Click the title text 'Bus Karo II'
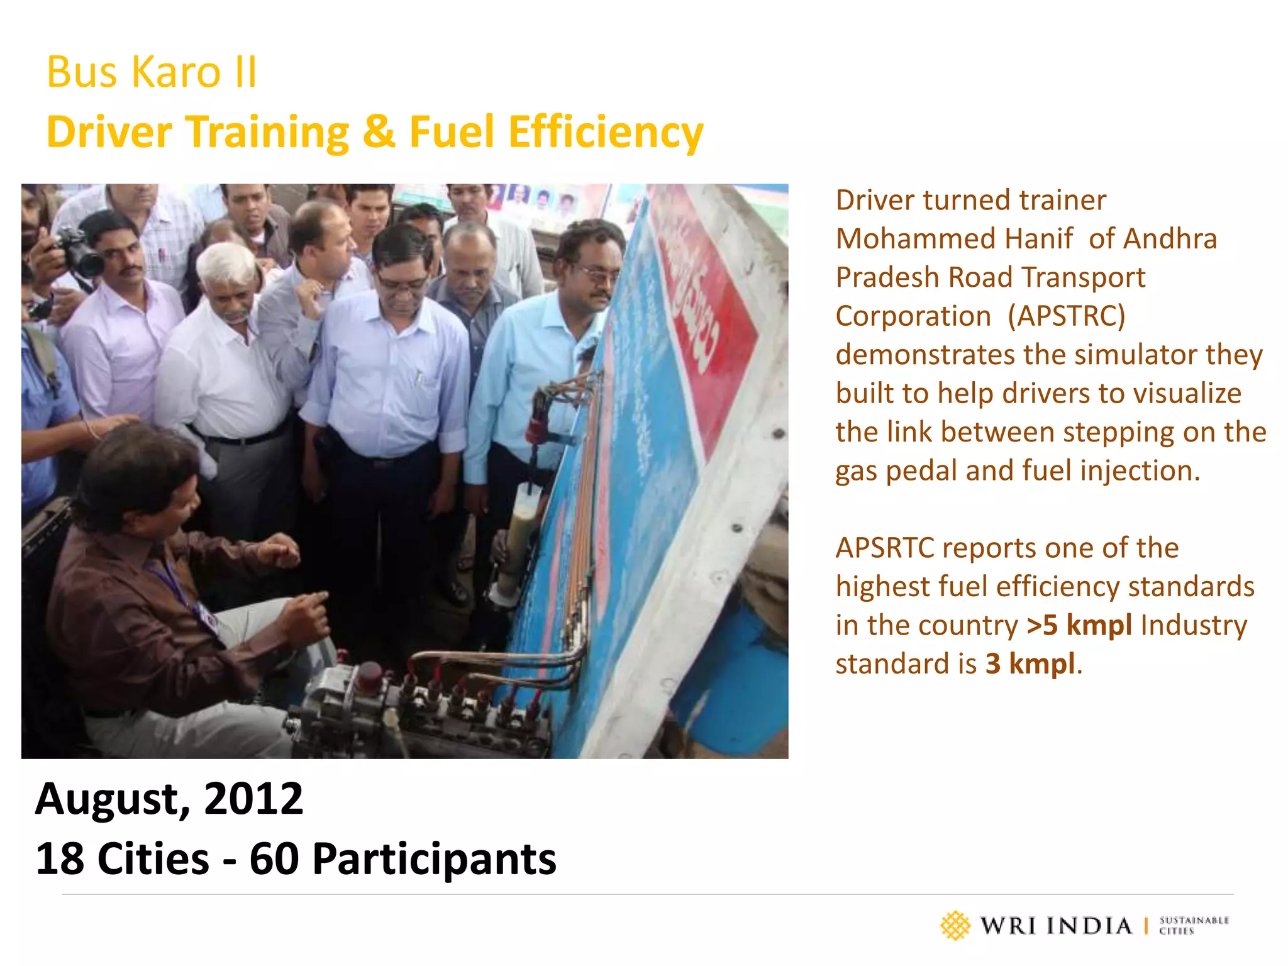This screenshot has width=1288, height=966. point(152,72)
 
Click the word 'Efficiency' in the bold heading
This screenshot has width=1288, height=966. point(606,133)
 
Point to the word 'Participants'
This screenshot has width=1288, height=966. point(434,859)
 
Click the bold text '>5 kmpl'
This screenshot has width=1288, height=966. point(1079,625)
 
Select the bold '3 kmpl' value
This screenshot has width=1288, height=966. point(1030,664)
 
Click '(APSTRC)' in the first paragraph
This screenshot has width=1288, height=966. point(1066,316)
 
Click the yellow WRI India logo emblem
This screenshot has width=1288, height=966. point(955,926)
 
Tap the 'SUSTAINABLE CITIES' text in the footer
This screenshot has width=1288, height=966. point(1193,926)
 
